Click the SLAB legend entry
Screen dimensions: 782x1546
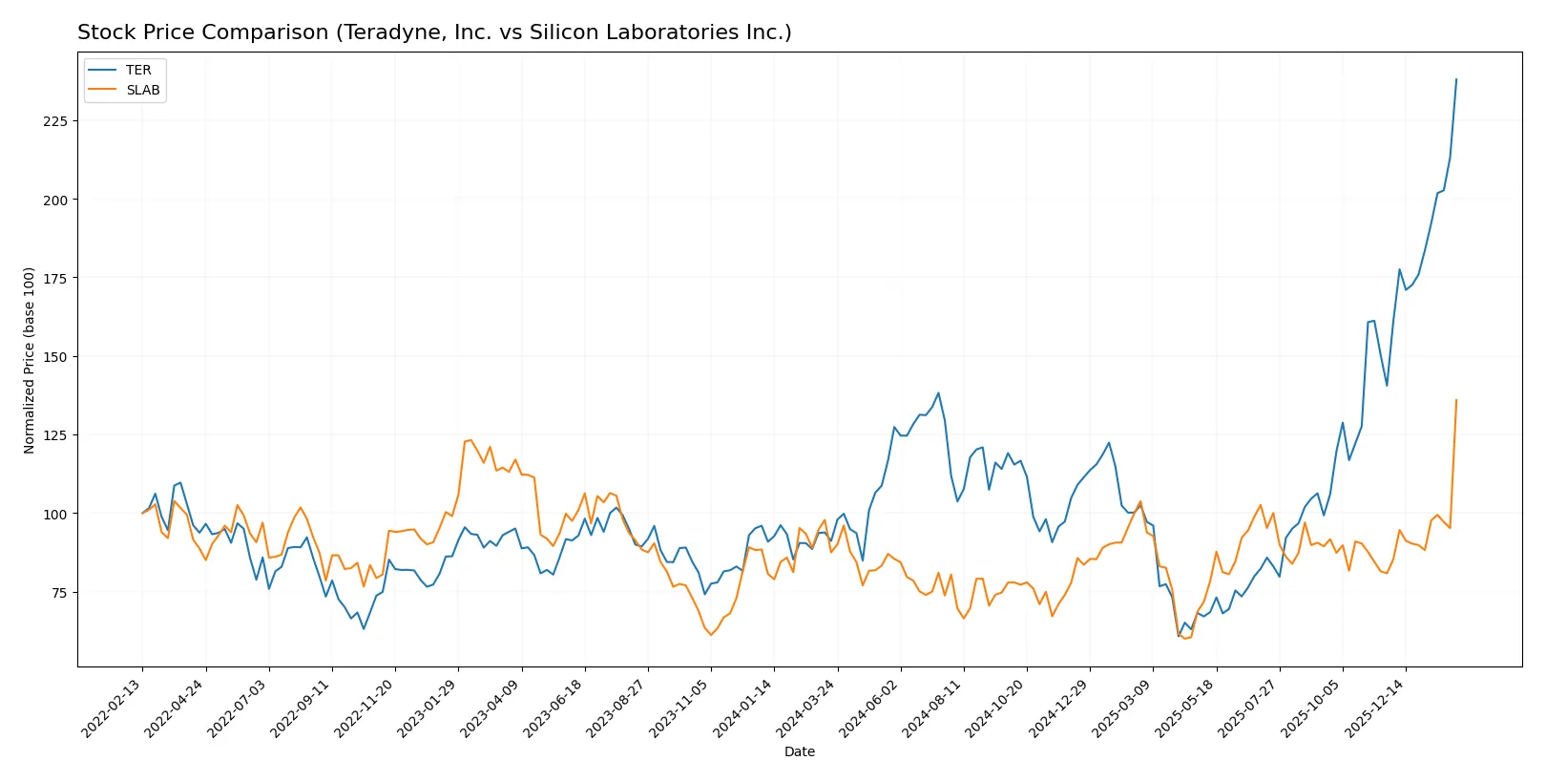coord(142,90)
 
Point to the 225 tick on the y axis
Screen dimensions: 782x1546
coord(55,121)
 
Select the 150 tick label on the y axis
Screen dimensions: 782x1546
coord(55,357)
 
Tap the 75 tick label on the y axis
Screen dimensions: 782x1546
coord(58,593)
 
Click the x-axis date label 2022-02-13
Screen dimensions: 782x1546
coord(112,708)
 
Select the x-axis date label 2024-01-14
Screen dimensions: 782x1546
coord(743,708)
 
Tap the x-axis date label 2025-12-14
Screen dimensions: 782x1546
coord(1375,708)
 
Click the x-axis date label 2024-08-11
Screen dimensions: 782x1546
coord(932,708)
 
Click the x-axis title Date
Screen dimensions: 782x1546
coord(799,752)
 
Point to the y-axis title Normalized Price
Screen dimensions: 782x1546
coord(29,360)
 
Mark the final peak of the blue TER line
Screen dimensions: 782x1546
coord(1456,79)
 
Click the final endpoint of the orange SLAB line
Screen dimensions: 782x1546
coord(1456,400)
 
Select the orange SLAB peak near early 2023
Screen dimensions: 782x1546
coord(470,440)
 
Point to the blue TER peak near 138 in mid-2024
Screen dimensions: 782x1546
coord(938,392)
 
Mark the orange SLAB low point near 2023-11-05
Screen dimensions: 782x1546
coord(711,635)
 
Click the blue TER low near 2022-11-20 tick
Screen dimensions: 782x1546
coord(364,628)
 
